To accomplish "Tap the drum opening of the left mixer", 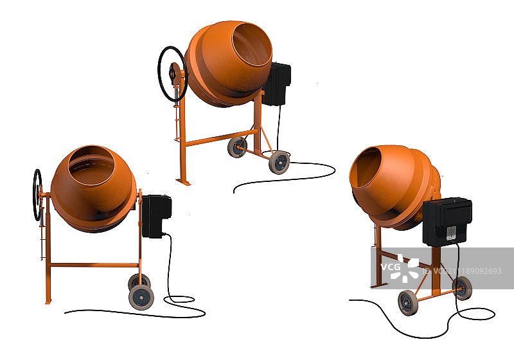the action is click(91, 166).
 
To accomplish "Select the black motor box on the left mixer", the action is click(156, 216).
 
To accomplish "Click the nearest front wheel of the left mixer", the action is click(141, 298).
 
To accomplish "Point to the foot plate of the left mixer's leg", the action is click(48, 301).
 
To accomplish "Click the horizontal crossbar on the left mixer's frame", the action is click(94, 265).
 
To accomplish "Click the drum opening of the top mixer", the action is click(251, 44).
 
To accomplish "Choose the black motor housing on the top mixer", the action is click(277, 84).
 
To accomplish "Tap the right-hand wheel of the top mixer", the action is click(279, 162).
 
